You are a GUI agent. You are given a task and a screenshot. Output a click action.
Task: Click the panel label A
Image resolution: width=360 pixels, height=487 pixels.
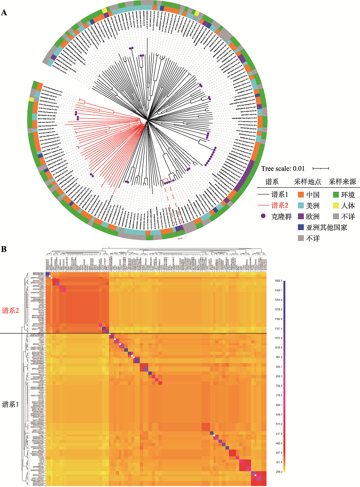pos(4,13)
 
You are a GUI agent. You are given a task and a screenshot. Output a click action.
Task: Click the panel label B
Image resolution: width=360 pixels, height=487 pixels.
pos(4,248)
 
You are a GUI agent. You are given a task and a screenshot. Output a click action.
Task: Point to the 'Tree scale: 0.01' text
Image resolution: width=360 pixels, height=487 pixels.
pos(283,169)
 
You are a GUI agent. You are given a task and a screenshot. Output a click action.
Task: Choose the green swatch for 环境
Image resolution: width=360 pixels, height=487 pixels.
pos(334,195)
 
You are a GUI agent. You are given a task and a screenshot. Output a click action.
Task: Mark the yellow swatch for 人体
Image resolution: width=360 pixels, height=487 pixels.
pos(334,206)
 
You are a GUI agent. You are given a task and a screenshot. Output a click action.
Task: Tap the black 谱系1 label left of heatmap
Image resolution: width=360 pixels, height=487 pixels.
pos(11,404)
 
